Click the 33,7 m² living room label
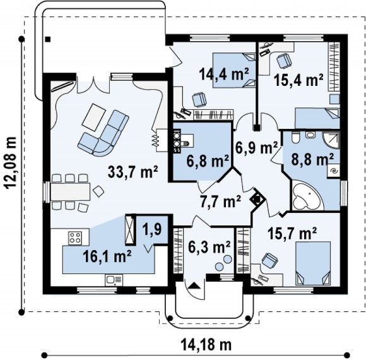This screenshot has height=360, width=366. (x=133, y=172)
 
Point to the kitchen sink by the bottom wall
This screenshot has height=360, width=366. (x=114, y=280)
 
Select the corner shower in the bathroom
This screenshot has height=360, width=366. (x=331, y=140)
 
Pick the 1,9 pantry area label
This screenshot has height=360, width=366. (x=155, y=230)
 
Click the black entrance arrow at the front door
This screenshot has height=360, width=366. (x=194, y=285)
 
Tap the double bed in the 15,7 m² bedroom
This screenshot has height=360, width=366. (x=313, y=263)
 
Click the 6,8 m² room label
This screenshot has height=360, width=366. (x=208, y=161)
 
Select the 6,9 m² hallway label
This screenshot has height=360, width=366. (x=256, y=148)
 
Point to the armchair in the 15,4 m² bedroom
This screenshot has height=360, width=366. (x=284, y=60)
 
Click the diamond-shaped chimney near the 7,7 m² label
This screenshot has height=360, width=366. (x=257, y=200)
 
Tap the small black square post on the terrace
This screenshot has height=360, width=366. (x=48, y=39)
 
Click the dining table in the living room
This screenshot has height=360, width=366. (x=70, y=191)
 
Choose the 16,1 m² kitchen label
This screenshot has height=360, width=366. (x=107, y=256)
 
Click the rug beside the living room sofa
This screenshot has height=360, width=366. (x=94, y=117)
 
